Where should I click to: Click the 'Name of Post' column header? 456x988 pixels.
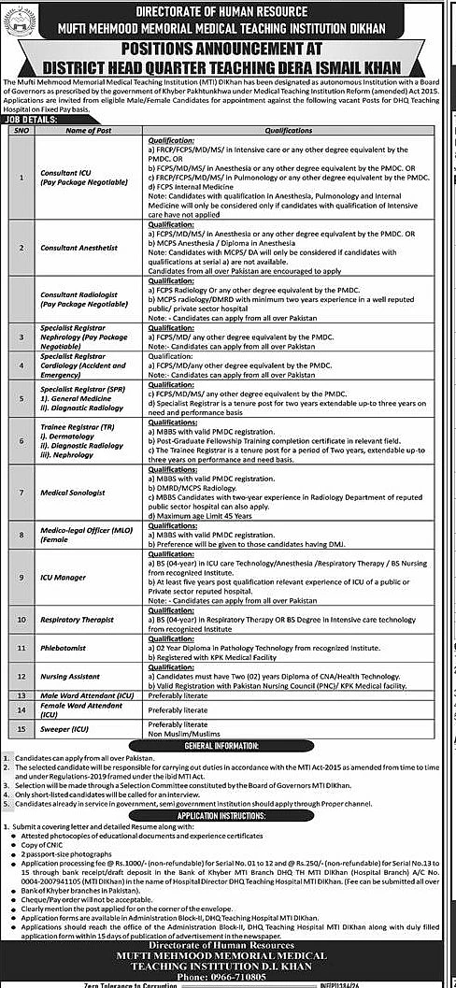(x=89, y=130)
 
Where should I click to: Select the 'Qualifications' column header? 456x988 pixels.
(x=288, y=130)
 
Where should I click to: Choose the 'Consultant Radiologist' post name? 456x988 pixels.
(x=77, y=294)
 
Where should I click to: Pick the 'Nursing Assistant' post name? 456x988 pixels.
(x=69, y=674)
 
